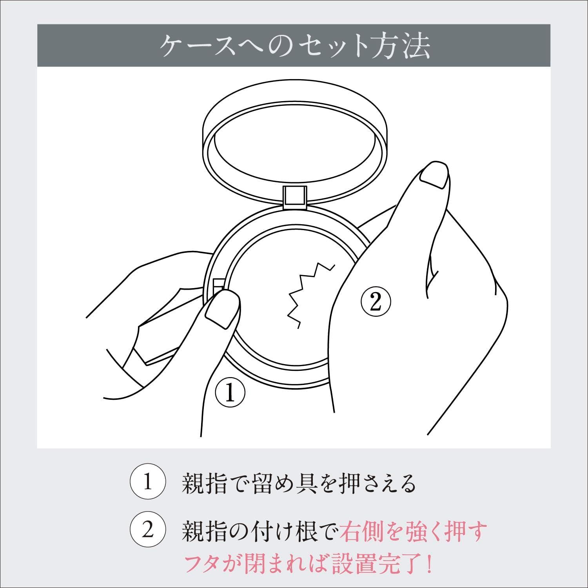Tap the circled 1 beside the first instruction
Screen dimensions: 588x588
tap(147, 483)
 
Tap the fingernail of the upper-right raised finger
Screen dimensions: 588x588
tap(434, 174)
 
